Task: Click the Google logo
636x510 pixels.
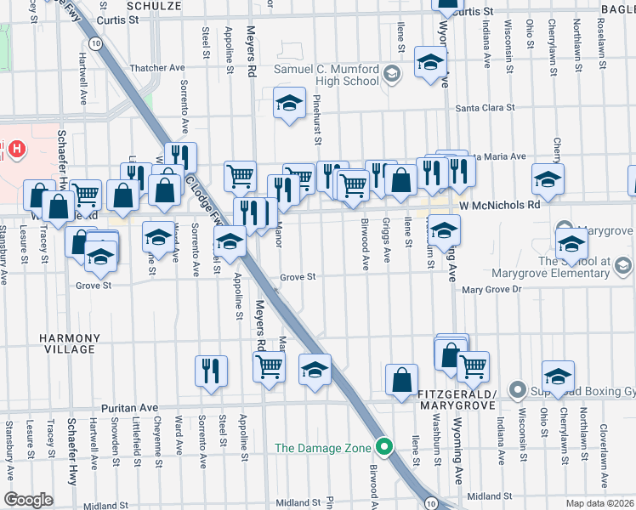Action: [x=28, y=500]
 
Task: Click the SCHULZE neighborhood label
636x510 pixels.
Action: [x=154, y=5]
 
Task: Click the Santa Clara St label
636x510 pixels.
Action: [x=486, y=108]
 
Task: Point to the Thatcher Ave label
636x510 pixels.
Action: [x=156, y=68]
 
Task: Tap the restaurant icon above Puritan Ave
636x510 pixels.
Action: [x=211, y=371]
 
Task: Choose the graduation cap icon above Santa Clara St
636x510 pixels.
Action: [x=289, y=104]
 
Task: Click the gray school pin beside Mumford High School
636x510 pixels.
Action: [x=391, y=74]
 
